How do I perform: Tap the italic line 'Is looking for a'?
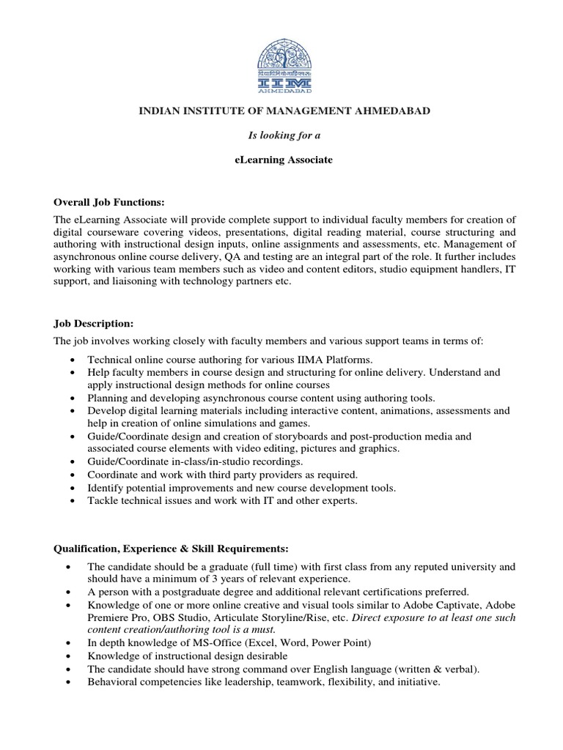click(281, 135)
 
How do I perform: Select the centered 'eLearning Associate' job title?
click(281, 160)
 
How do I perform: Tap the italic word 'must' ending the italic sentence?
click(262, 629)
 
